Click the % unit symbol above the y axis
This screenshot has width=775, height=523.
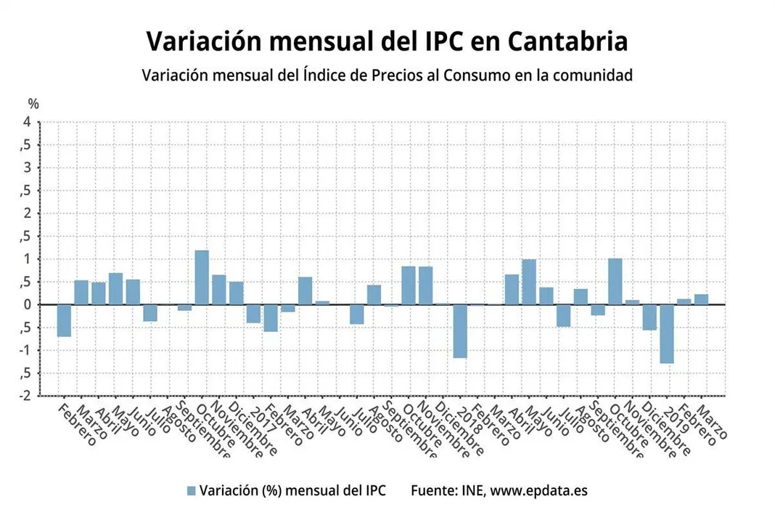click(33, 105)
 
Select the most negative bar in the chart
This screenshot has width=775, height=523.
click(667, 333)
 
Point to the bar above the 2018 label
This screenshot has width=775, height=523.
click(460, 331)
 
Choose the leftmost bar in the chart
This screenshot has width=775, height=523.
click(64, 320)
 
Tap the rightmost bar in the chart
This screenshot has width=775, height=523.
click(701, 299)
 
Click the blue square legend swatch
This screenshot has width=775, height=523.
click(192, 490)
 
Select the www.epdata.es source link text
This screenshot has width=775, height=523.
click(538, 490)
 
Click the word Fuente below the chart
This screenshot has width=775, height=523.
click(433, 490)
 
